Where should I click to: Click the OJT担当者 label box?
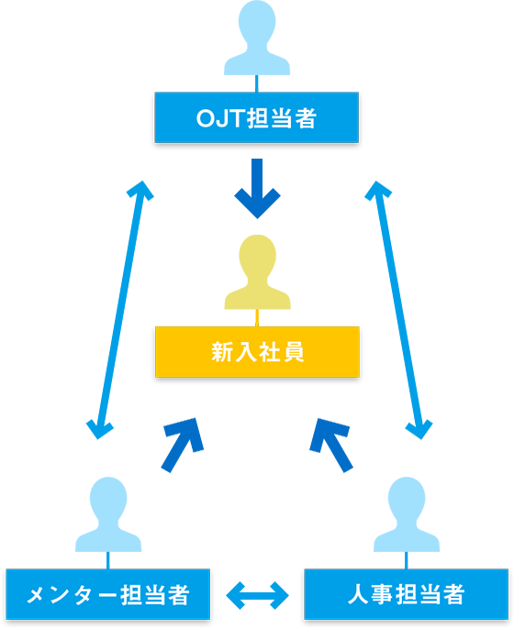click(x=256, y=117)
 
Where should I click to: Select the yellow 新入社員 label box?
click(x=256, y=351)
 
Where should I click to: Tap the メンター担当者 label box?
click(x=107, y=594)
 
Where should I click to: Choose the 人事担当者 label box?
click(x=406, y=594)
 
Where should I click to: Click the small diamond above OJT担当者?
click(x=256, y=81)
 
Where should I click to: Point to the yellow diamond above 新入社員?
click(x=256, y=316)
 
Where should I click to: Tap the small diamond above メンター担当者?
click(x=107, y=557)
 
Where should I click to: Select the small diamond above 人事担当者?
click(x=406, y=557)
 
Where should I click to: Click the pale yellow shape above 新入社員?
click(x=257, y=266)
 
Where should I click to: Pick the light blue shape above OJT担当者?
click(x=257, y=37)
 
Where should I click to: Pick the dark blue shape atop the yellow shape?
click(x=258, y=193)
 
